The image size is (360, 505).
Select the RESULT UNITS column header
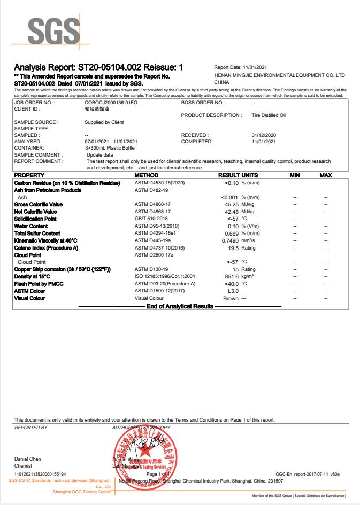pyautogui.click(x=238, y=175)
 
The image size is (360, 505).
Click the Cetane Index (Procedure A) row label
pyautogui.click(x=46, y=247)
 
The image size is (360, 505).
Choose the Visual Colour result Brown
pyautogui.click(x=231, y=298)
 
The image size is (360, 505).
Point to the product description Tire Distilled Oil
pyautogui.click(x=269, y=115)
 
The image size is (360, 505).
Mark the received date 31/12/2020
pyautogui.click(x=264, y=135)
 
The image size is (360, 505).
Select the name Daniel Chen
pyautogui.click(x=27, y=459)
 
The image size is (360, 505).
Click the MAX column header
pyautogui.click(x=326, y=175)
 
